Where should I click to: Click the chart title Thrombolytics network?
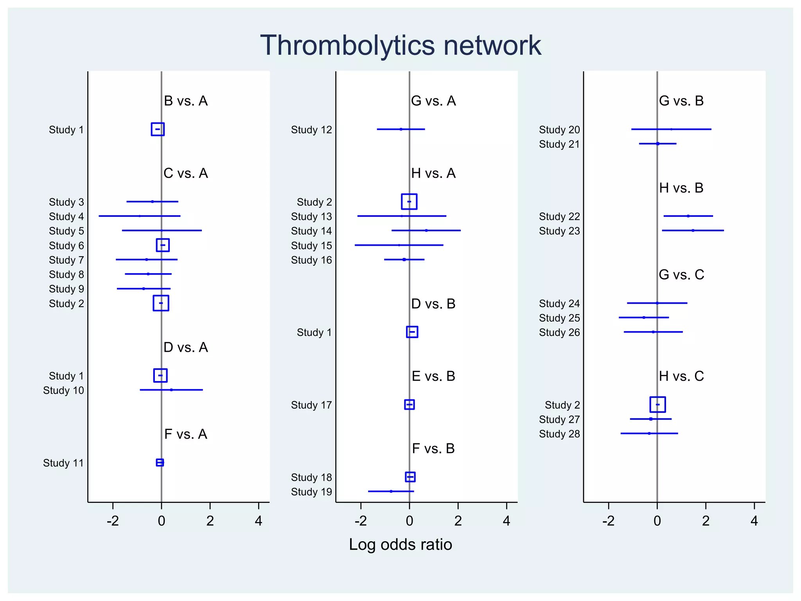tap(400, 45)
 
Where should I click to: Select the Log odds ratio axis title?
tap(400, 544)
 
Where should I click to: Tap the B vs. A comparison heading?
tap(185, 101)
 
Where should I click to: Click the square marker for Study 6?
tap(163, 245)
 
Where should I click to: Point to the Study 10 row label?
tap(63, 390)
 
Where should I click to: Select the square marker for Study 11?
tap(160, 462)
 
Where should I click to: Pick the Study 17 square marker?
tap(409, 405)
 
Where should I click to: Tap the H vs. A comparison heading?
tap(433, 173)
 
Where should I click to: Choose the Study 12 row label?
tap(311, 130)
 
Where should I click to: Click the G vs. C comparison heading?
tap(681, 275)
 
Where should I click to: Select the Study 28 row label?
tap(559, 434)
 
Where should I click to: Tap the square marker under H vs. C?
tap(657, 405)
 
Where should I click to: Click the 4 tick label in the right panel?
tap(754, 521)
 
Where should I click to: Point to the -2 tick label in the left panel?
tap(113, 521)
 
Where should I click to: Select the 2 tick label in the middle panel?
tap(458, 521)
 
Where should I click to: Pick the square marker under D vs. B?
tap(412, 332)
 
